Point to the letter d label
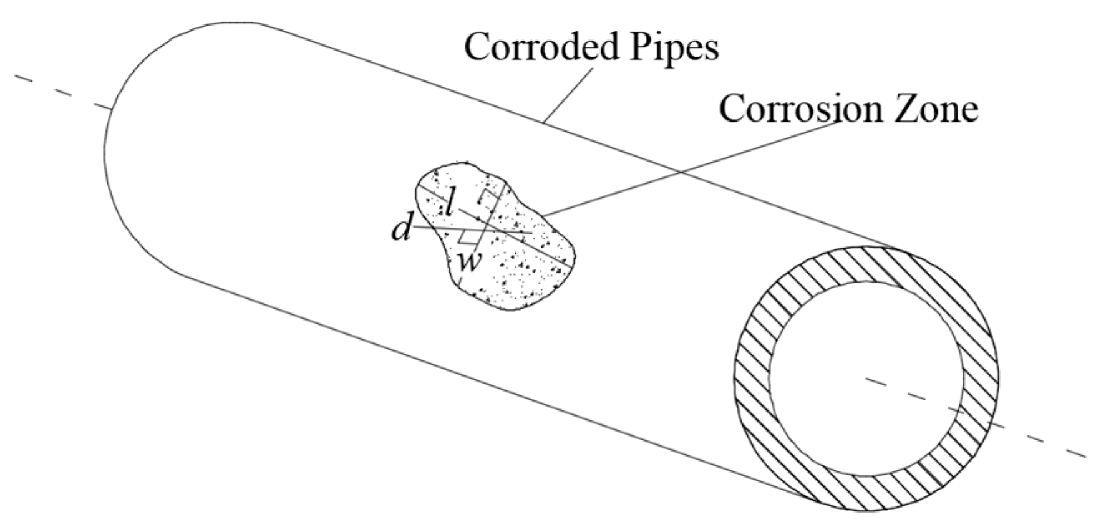click(x=401, y=230)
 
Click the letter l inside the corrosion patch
click(x=447, y=201)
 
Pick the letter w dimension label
click(x=469, y=261)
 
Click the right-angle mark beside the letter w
click(x=465, y=238)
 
